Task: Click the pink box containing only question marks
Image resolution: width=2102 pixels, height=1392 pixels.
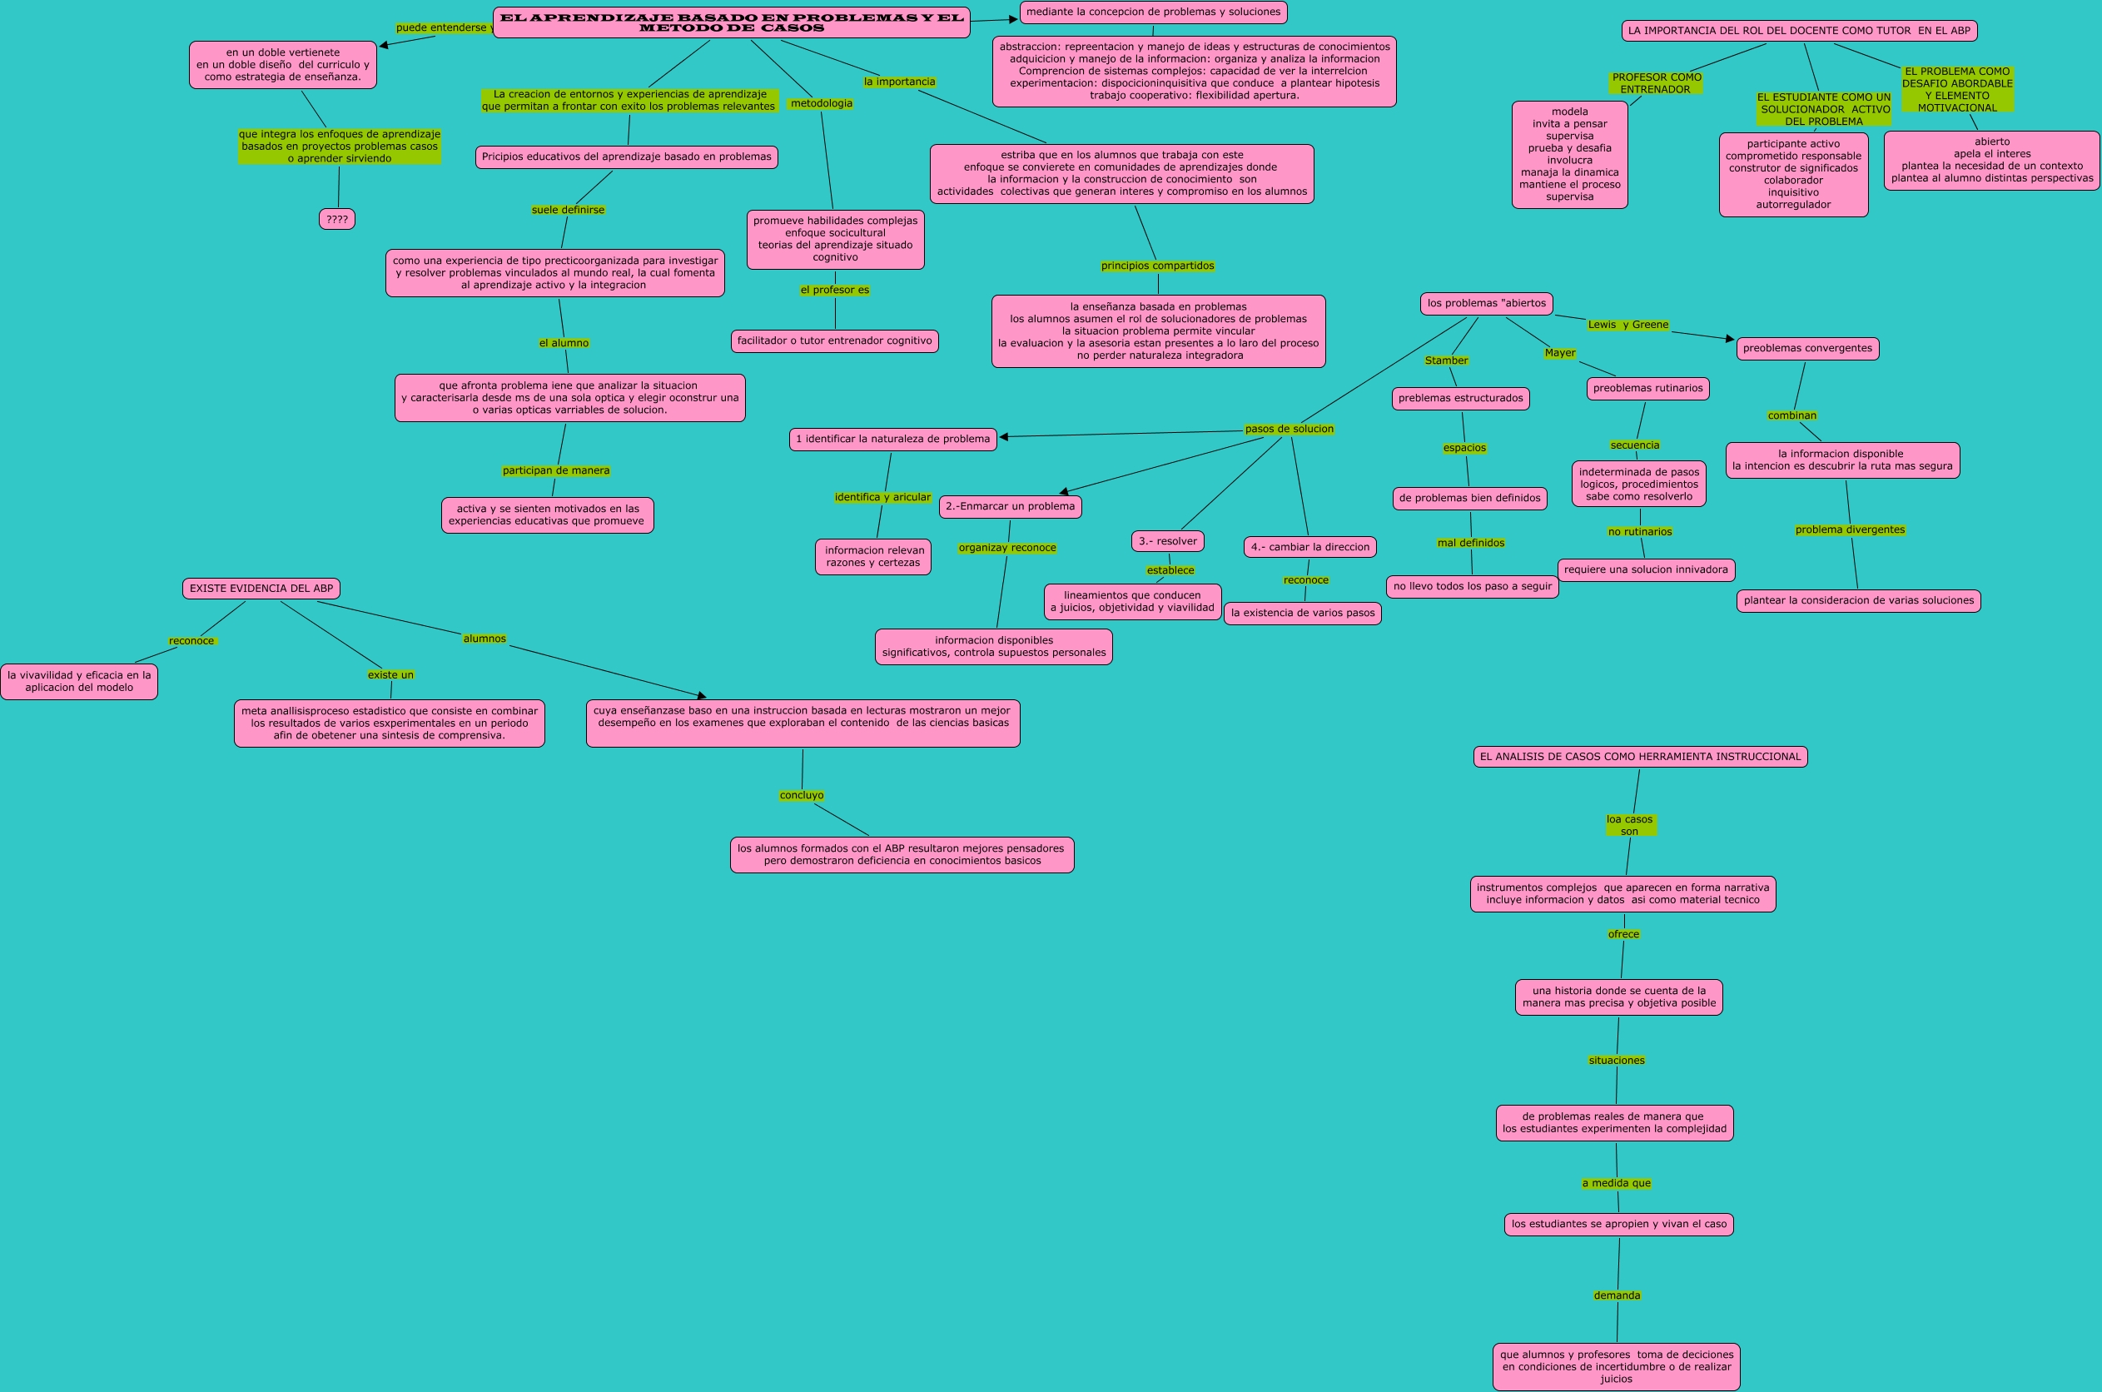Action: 336,219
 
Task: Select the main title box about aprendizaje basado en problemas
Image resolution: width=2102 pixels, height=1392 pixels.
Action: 731,23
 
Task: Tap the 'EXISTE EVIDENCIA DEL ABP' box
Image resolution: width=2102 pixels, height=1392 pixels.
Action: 261,589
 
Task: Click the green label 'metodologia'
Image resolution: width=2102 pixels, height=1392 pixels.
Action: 821,104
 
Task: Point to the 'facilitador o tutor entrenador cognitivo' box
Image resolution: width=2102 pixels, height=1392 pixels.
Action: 834,341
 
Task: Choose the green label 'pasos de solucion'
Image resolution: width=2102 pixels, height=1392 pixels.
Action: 1289,429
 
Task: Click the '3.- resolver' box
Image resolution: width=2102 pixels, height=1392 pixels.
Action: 1167,541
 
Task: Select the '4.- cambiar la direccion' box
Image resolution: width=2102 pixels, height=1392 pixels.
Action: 1309,548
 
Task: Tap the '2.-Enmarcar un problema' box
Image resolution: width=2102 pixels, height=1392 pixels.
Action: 1009,507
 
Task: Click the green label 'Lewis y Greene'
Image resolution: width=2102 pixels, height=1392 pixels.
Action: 1628,325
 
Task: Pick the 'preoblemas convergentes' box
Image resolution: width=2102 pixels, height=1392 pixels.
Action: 1806,349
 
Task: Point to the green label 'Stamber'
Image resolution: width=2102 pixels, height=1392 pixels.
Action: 1446,360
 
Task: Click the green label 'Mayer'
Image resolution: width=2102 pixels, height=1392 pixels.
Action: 1559,353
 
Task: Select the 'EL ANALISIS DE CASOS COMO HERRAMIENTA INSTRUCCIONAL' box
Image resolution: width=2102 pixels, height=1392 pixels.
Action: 1639,758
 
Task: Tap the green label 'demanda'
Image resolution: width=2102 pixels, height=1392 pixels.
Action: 1617,1295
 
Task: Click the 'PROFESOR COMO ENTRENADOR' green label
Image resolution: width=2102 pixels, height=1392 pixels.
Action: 1656,83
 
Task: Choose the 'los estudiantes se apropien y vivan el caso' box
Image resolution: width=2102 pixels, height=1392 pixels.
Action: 1618,1224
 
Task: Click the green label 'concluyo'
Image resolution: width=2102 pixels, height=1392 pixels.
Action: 802,795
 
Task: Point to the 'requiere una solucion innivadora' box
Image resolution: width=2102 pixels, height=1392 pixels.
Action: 1646,570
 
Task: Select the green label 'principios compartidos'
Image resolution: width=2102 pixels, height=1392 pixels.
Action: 1156,266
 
